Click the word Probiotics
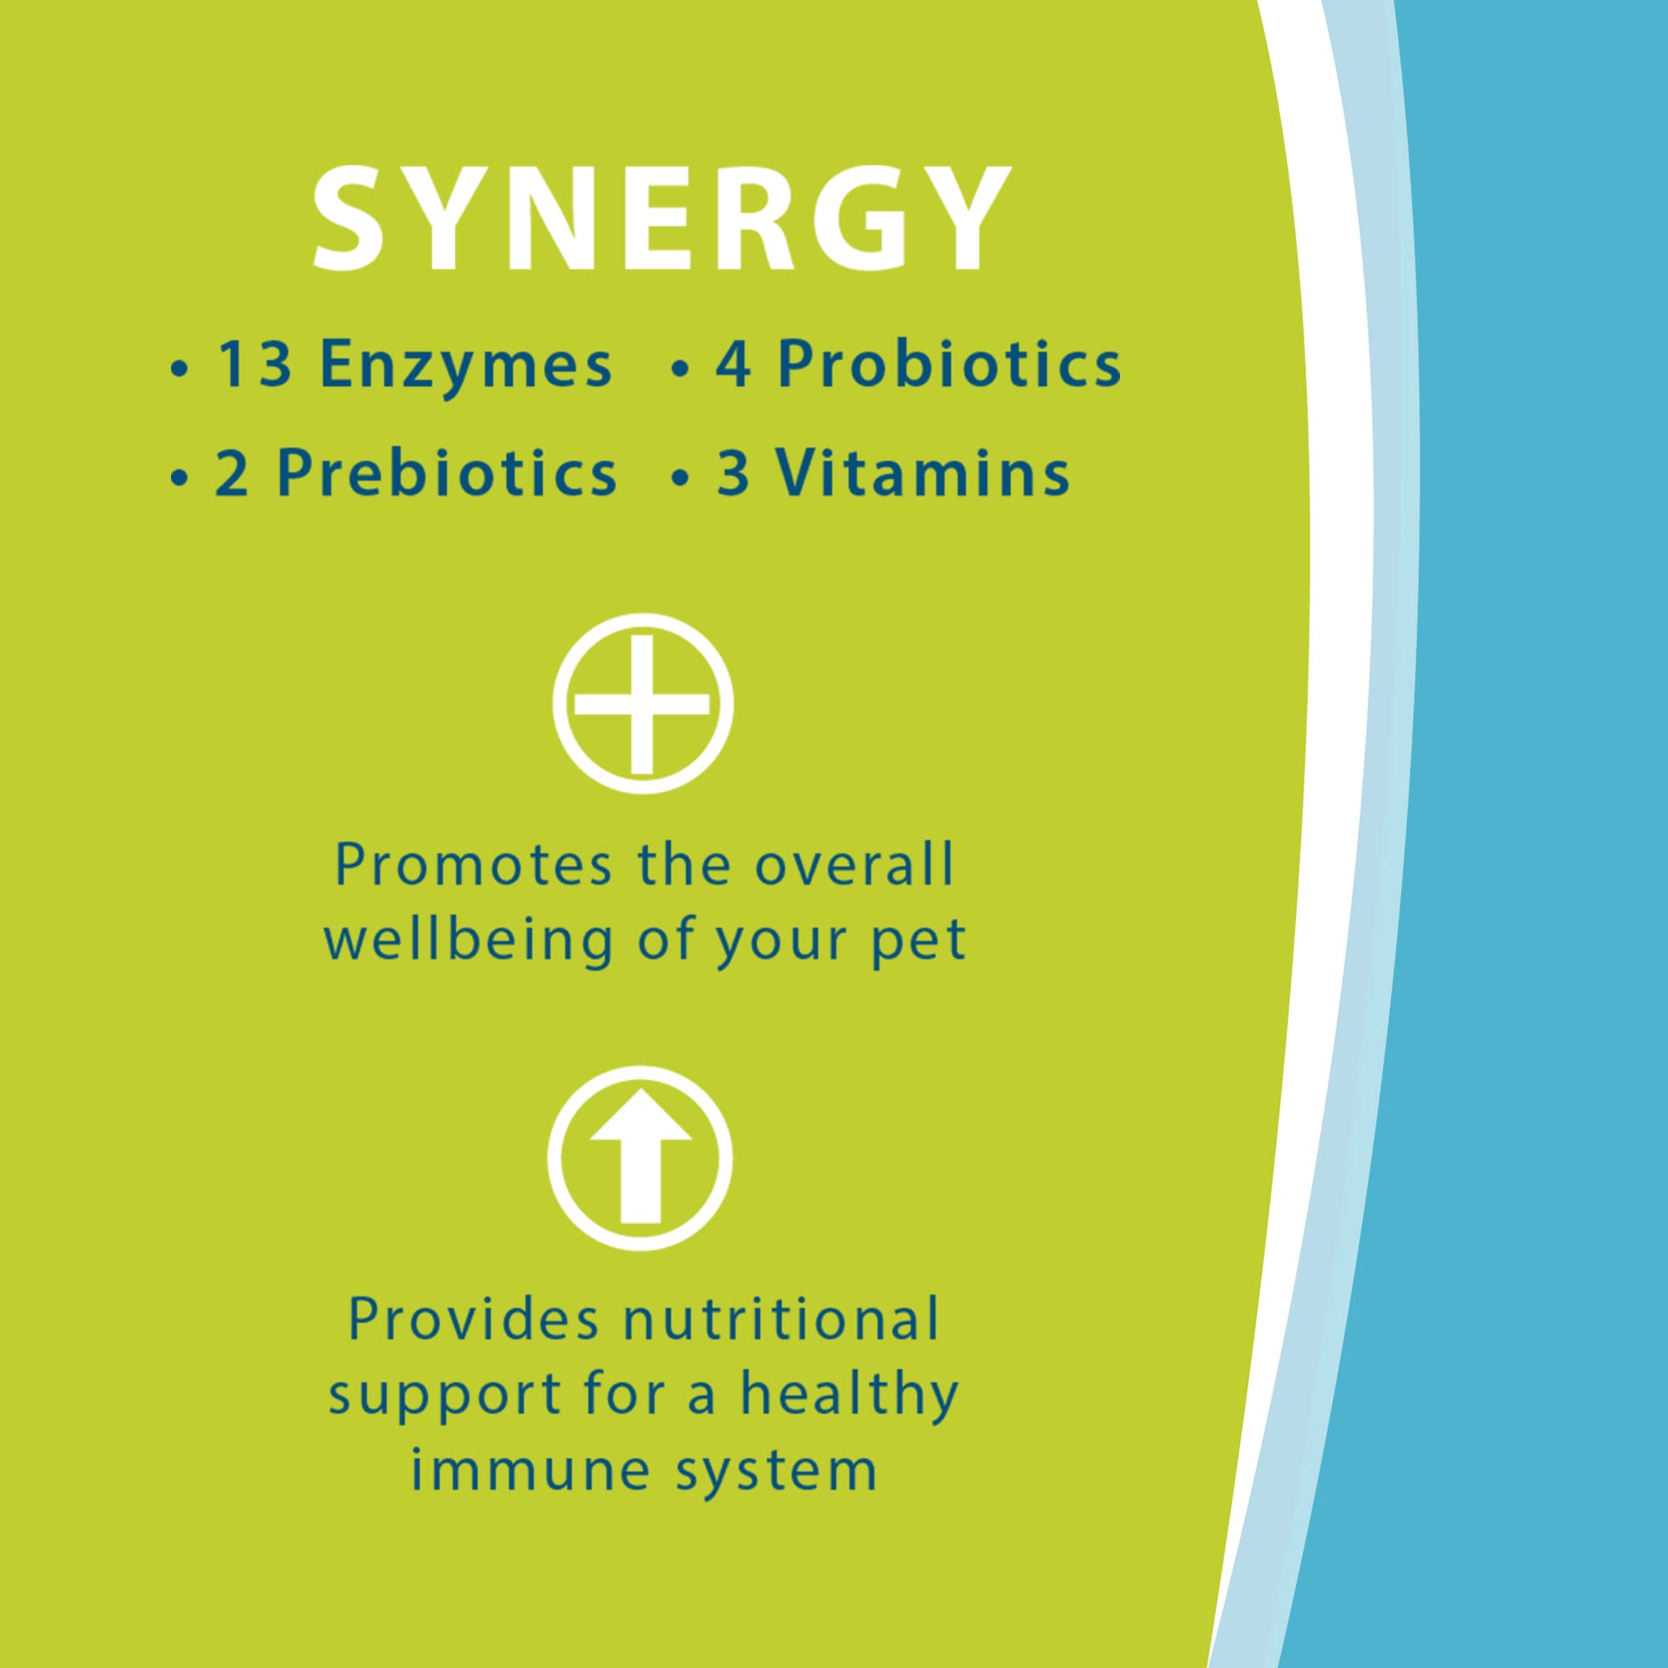949,364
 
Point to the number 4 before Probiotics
732,364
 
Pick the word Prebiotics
446,474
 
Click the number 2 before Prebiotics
232,474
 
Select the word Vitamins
922,474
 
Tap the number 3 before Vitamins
733,474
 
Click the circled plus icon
642,704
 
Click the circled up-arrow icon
640,1158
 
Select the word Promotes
473,865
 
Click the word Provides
473,1319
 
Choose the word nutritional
781,1319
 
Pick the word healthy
850,1395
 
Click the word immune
530,1470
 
